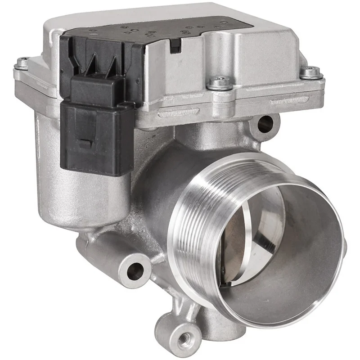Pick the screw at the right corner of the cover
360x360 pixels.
click(310, 72)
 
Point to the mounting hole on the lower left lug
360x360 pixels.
click(135, 270)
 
